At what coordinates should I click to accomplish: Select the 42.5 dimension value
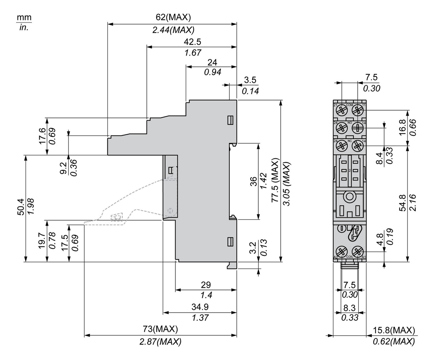[192, 41]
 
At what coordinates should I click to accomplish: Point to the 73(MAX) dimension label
[161, 329]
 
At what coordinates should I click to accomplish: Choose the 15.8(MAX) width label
[394, 330]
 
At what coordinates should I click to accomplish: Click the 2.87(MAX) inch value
[160, 341]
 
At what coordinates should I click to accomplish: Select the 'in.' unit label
[24, 27]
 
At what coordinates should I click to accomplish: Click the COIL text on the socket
[349, 257]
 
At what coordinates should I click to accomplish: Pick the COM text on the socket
[349, 105]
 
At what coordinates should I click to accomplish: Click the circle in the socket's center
[349, 196]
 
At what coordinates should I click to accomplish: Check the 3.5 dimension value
[250, 80]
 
